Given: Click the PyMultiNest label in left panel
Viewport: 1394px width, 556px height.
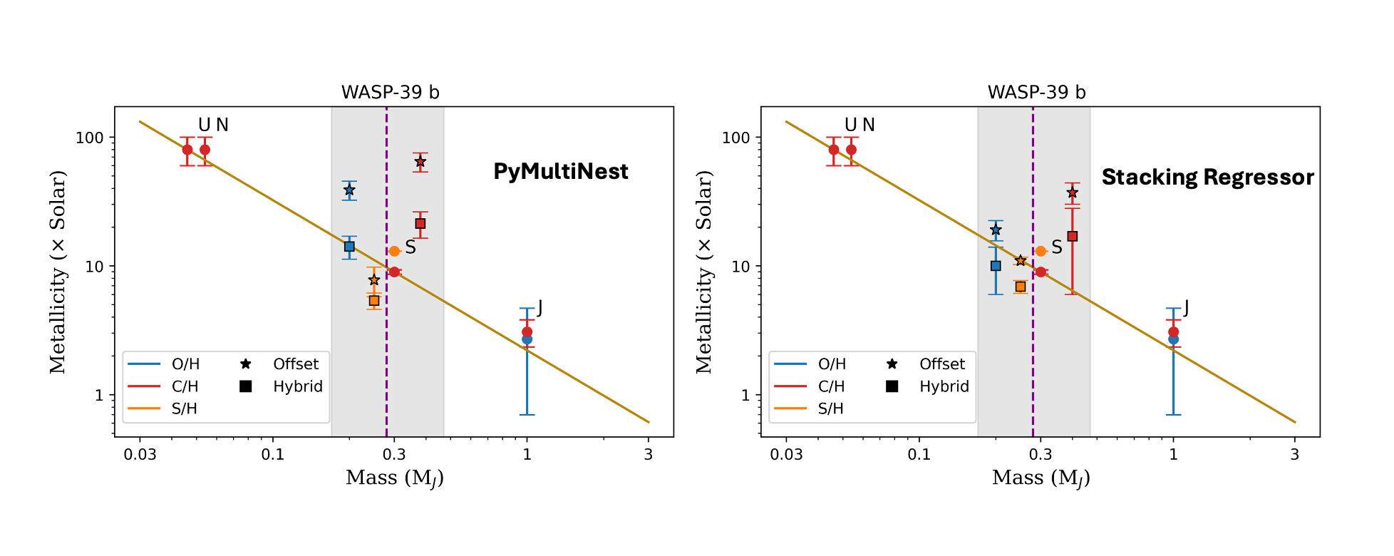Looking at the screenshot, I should [x=561, y=171].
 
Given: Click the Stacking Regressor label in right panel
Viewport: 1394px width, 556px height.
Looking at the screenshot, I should [x=1207, y=177].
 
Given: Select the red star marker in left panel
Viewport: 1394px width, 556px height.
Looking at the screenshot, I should [x=420, y=162].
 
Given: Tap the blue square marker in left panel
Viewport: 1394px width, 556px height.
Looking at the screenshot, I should [x=349, y=247].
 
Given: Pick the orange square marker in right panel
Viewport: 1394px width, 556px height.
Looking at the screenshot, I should [x=1021, y=287].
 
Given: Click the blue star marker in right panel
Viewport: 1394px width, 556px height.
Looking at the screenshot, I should [x=996, y=230].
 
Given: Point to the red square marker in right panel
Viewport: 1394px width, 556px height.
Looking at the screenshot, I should [x=1072, y=236].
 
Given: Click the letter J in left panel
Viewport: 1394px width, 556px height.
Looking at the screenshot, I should [x=539, y=308].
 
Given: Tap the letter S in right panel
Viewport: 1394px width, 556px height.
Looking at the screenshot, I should [x=1057, y=247].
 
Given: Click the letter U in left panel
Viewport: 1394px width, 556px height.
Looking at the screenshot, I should [x=205, y=125].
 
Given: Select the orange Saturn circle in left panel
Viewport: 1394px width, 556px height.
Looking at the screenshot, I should [x=394, y=251].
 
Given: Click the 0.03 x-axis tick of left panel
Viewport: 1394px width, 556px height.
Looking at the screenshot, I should [x=140, y=455].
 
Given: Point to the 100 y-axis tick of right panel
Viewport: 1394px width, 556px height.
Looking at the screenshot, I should [x=735, y=138].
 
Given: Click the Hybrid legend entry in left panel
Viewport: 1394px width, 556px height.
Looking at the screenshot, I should [x=297, y=386].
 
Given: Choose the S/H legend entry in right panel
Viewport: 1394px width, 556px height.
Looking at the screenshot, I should [x=830, y=408].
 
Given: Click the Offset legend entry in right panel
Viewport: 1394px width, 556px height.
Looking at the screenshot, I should [x=941, y=364].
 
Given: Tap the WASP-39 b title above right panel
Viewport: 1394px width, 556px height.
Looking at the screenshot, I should [x=1036, y=92].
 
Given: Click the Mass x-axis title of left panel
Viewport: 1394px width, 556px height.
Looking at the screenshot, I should [x=394, y=478].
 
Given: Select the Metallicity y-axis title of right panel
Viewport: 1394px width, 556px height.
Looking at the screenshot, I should [x=704, y=272].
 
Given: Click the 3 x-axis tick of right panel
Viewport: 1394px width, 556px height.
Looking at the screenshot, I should [x=1294, y=455].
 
